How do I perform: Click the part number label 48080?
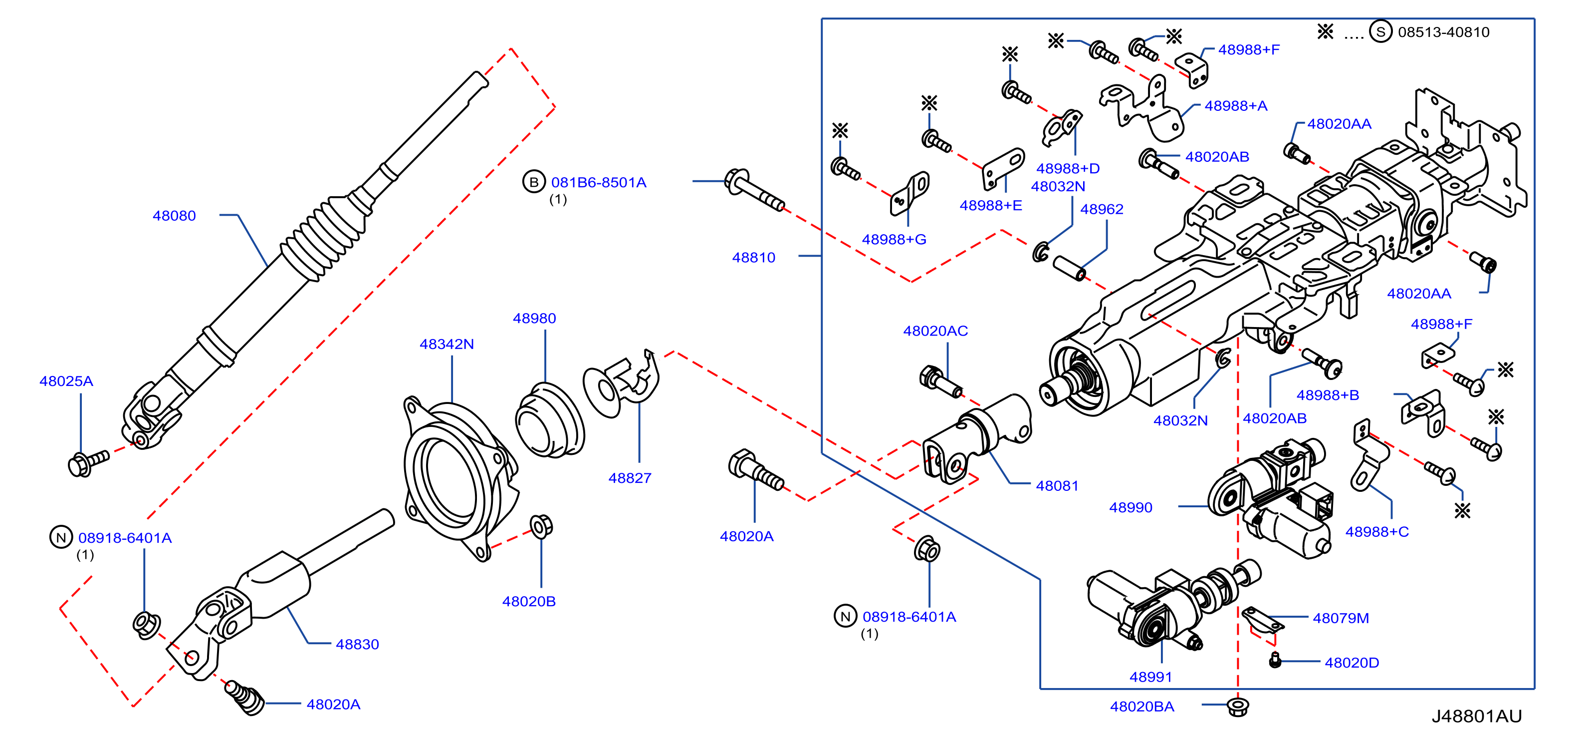(x=174, y=216)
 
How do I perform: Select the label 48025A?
(x=66, y=381)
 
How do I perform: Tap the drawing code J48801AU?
(x=1476, y=717)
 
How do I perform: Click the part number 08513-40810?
(x=1443, y=32)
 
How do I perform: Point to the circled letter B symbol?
(x=534, y=182)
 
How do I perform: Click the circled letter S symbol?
(x=1381, y=31)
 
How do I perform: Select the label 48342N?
(x=447, y=345)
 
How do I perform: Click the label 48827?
(x=630, y=478)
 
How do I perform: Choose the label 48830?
(x=358, y=645)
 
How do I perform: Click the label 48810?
(x=754, y=258)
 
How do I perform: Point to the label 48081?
(x=1058, y=486)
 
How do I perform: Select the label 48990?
(x=1131, y=507)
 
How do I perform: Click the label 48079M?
(x=1341, y=618)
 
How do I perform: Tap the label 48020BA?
(x=1142, y=707)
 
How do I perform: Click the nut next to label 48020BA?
(x=1238, y=707)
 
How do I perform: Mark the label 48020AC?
(x=935, y=331)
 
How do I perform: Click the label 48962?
(x=1102, y=209)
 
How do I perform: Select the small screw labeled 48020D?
(x=1275, y=661)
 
